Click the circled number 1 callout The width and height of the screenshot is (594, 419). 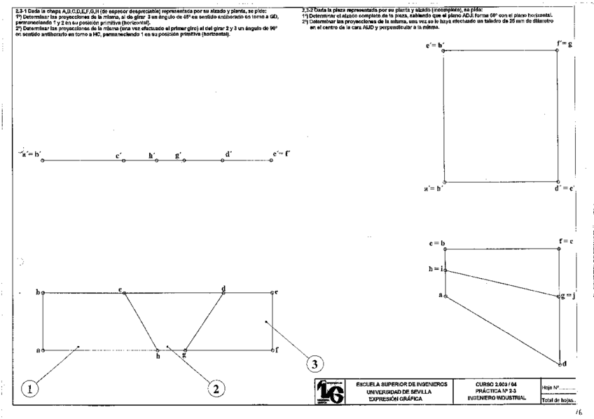coord(29,387)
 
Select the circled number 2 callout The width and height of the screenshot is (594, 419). coord(216,387)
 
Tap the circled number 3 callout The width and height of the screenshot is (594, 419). coord(316,364)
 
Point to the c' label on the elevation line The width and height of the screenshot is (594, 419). coord(120,155)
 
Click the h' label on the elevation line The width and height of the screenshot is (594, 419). coord(152,155)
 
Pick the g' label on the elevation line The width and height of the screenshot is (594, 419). coord(179,155)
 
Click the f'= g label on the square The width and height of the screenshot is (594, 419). coord(565,44)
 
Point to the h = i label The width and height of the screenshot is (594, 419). coord(436,268)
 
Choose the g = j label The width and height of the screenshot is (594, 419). coord(567,296)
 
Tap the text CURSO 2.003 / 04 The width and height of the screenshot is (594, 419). coord(495,384)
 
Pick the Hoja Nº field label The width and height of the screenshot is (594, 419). coord(550,385)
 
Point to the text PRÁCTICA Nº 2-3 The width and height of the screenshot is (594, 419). coord(495,391)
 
